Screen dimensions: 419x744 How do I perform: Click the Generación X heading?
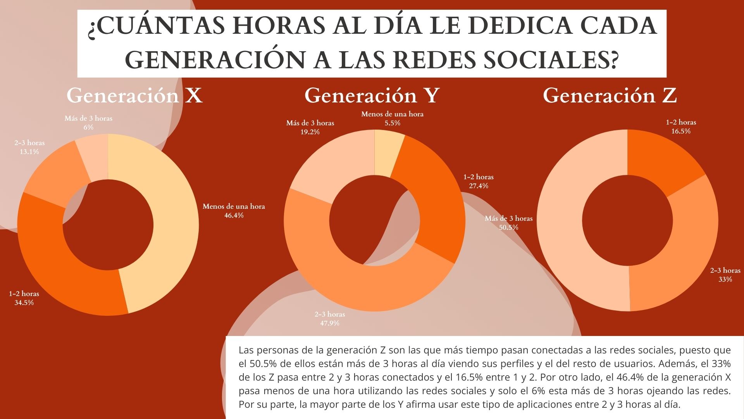click(134, 95)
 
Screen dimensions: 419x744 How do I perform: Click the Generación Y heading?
click(372, 95)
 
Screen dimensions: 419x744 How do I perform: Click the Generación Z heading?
click(610, 95)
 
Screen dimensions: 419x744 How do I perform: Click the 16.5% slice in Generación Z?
click(659, 159)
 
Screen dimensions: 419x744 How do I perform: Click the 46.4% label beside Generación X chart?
click(234, 215)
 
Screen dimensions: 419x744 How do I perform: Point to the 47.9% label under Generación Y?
click(330, 323)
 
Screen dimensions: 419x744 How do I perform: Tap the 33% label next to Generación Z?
click(725, 279)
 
